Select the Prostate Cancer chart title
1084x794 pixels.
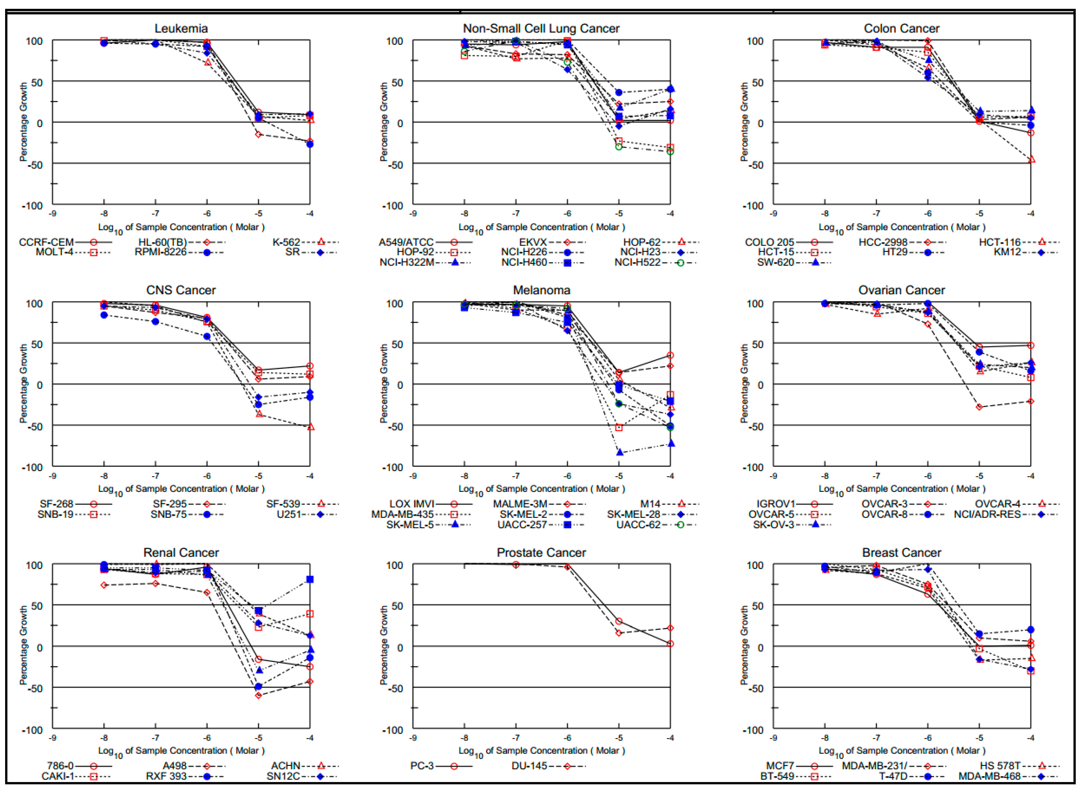pos(541,553)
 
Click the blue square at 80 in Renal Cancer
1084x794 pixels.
pos(310,580)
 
